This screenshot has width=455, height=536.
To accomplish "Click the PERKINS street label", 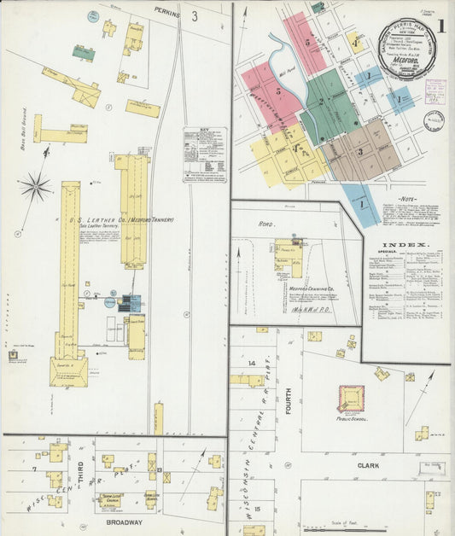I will coord(166,11).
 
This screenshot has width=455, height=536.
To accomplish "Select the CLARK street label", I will coord(367,465).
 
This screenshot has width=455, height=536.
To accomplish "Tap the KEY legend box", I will coord(205,154).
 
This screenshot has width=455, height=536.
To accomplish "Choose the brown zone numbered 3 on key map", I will coord(362,151).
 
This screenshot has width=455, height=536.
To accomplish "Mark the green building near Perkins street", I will coord(84,53).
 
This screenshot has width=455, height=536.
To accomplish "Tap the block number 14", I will coord(252,364).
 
